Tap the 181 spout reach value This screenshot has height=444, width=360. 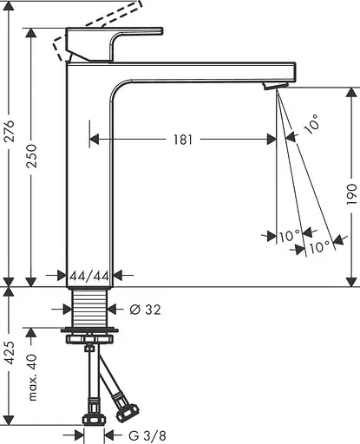pyautogui.click(x=182, y=139)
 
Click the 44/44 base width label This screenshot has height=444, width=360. pyautogui.click(x=89, y=276)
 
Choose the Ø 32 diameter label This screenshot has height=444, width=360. pyautogui.click(x=145, y=309)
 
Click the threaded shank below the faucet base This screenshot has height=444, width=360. pyautogui.click(x=90, y=306)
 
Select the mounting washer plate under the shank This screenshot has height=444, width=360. pyautogui.click(x=90, y=330)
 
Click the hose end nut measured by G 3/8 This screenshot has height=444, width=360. pyautogui.click(x=92, y=424)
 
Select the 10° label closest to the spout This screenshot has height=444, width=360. pyautogui.click(x=311, y=128)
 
